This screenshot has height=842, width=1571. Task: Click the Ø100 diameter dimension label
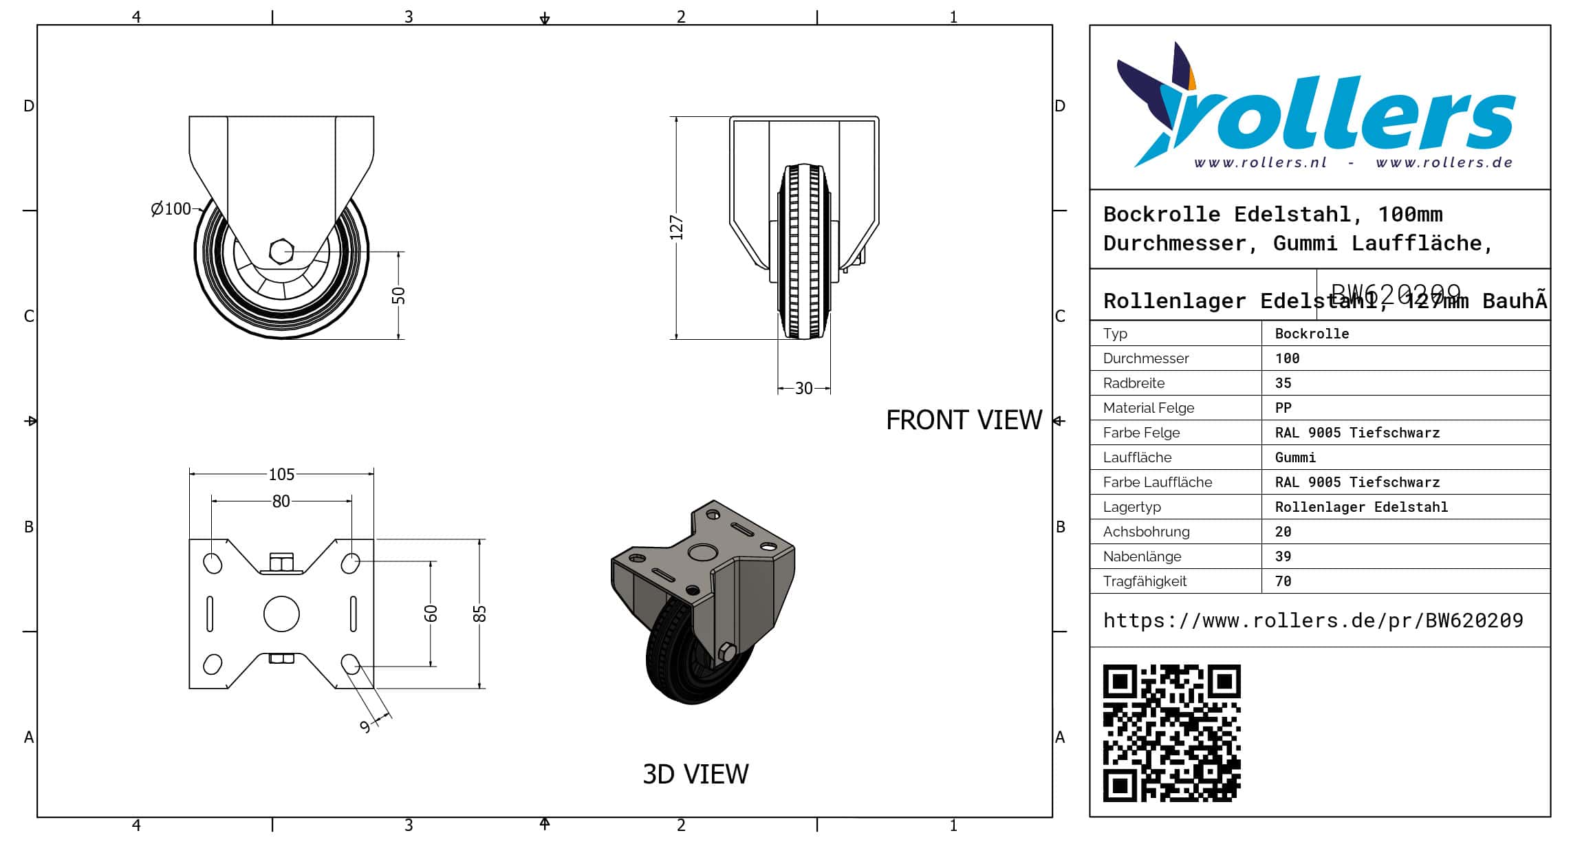click(x=171, y=208)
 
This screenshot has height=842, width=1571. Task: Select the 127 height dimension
click(x=677, y=228)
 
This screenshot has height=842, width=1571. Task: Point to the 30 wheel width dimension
click(x=803, y=389)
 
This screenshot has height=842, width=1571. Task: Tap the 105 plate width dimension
click(x=281, y=474)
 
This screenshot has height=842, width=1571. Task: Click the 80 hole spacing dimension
click(x=281, y=501)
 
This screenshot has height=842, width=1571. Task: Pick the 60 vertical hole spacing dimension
click(x=431, y=613)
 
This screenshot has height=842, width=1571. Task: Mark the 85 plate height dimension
click(x=480, y=614)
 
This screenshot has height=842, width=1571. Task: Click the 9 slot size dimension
click(x=365, y=726)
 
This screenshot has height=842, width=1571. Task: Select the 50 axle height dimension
click(x=399, y=296)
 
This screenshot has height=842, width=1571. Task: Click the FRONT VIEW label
click(x=964, y=420)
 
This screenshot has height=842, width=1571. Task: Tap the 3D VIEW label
click(x=695, y=775)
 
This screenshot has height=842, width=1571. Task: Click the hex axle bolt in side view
click(x=281, y=252)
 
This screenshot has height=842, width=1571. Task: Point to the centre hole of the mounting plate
click(x=281, y=614)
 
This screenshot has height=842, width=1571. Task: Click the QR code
click(x=1171, y=733)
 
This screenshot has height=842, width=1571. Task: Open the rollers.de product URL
click(x=1312, y=620)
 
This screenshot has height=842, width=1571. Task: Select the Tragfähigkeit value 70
click(x=1283, y=581)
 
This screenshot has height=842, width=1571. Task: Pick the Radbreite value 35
click(x=1283, y=383)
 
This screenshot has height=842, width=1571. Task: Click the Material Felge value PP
click(x=1283, y=408)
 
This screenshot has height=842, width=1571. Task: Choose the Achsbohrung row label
click(x=1146, y=532)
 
